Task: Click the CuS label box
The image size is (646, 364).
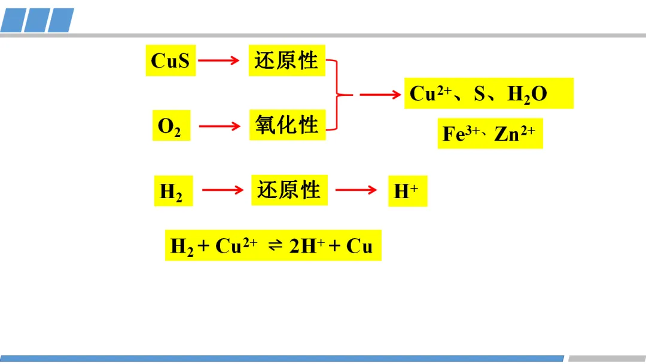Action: pos(170,60)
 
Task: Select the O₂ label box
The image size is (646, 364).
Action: pos(170,126)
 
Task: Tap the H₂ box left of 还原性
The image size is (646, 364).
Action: pos(172,191)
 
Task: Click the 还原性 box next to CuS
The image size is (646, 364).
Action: pos(287,60)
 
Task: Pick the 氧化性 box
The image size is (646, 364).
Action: pos(287,125)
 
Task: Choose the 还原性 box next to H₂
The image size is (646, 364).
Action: pos(290,190)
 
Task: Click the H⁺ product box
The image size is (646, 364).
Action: pos(407,191)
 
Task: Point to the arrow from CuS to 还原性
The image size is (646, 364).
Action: pos(219,60)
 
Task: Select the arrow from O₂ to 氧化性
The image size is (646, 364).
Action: pos(219,126)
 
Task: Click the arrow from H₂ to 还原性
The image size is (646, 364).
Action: pos(223,190)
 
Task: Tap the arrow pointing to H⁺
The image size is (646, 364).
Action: pos(356,190)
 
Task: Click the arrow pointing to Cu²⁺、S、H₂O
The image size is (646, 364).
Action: pos(380,94)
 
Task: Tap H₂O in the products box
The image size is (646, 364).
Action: pos(527,95)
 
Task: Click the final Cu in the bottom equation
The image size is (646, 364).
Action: pos(359,246)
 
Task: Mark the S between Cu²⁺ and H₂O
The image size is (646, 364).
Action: pos(480,95)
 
